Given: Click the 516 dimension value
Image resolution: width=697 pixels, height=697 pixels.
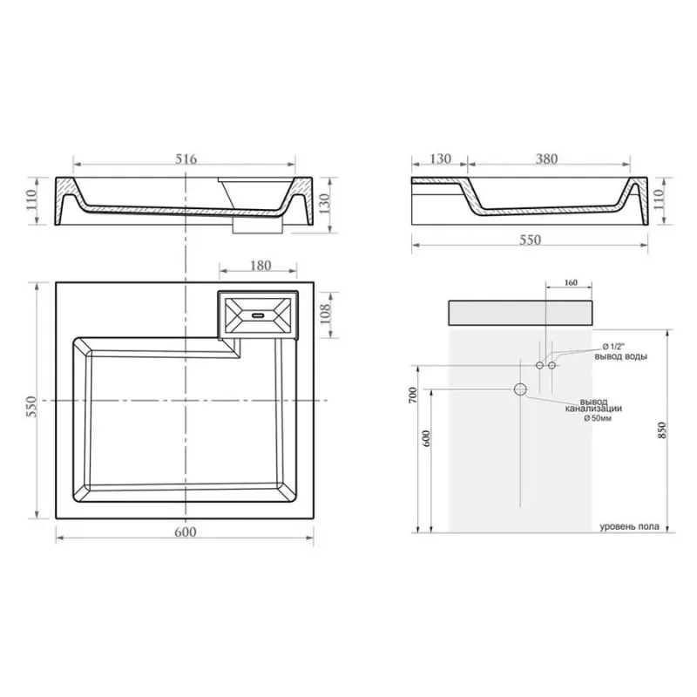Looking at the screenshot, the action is coord(186,159).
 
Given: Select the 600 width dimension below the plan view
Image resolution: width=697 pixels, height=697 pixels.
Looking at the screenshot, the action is coord(185,532).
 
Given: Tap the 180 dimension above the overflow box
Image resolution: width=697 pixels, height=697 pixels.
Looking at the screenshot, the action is coord(261,266).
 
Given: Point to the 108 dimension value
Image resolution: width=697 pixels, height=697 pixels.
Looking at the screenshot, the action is coord(325,314).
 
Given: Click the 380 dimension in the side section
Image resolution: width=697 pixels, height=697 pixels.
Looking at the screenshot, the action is coord(546,159).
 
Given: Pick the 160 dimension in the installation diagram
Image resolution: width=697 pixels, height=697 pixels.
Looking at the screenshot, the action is coord(571,282).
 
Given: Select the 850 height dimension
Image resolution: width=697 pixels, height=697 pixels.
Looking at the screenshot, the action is coord(662,430).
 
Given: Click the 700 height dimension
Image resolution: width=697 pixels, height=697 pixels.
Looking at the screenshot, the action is coord(413,396).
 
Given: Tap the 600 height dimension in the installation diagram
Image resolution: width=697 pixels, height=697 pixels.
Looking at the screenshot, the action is coord(426,439).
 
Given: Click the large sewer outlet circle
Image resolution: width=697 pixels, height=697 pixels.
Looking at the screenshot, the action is coord(520,389).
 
